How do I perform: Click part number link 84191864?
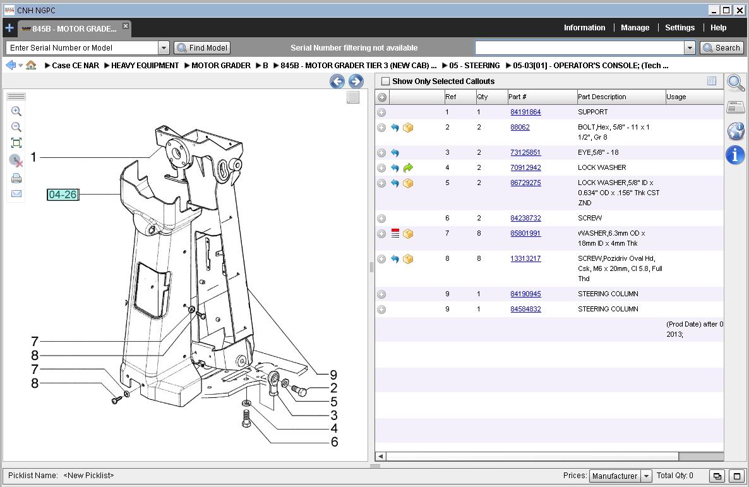525,112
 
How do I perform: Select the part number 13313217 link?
525,258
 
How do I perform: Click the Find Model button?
202,47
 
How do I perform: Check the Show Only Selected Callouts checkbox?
386,81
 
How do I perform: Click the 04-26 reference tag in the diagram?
63,195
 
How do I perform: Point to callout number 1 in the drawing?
34,157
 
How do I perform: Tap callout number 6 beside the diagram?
334,442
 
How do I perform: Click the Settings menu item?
680,28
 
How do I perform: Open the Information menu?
584,28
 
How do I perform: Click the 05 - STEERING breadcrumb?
474,66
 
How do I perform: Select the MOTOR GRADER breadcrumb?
220,66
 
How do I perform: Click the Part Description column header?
602,97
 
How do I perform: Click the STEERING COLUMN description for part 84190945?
608,294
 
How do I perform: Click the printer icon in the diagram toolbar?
16,178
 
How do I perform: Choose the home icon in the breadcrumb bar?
31,65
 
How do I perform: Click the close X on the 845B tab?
126,27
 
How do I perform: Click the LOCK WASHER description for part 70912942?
602,167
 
